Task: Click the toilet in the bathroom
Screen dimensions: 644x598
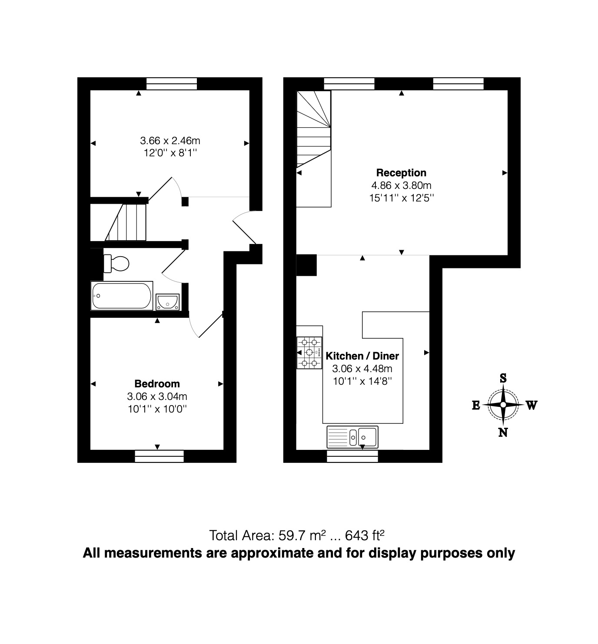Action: point(116,263)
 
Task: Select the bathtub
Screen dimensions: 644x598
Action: point(121,296)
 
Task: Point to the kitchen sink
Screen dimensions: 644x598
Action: point(352,436)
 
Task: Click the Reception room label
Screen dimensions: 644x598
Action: point(401,173)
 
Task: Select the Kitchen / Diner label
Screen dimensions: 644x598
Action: point(362,356)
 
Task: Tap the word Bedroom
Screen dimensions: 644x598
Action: point(157,384)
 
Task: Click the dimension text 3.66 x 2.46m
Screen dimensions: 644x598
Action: point(170,141)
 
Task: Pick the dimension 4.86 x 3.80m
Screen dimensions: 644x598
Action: point(401,185)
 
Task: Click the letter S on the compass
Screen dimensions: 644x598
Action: point(503,378)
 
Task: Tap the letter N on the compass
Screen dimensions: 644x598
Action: point(503,433)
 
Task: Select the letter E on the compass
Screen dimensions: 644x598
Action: point(476,405)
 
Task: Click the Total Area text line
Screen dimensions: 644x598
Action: point(296,535)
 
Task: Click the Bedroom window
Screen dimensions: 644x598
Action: point(159,456)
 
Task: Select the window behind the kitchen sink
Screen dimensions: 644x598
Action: point(352,456)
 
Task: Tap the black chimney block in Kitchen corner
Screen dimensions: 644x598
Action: point(306,265)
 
